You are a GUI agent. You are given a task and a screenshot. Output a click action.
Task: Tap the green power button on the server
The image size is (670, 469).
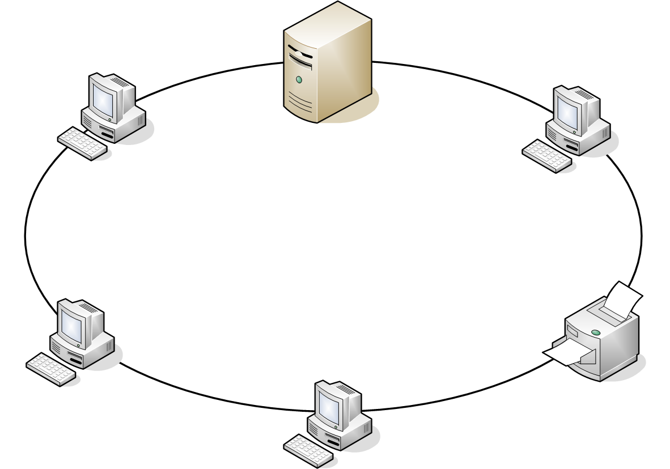[299, 80]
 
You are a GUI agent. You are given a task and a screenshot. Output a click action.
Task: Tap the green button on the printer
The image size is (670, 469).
[595, 332]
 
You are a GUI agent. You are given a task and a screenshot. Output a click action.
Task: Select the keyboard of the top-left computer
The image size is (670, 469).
[82, 143]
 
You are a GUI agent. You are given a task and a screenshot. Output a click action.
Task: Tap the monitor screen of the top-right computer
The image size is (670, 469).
[567, 111]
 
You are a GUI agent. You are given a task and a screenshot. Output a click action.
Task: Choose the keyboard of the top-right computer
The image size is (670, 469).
[547, 155]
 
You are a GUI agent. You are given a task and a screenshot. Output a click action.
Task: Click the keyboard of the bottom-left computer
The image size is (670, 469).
[51, 369]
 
